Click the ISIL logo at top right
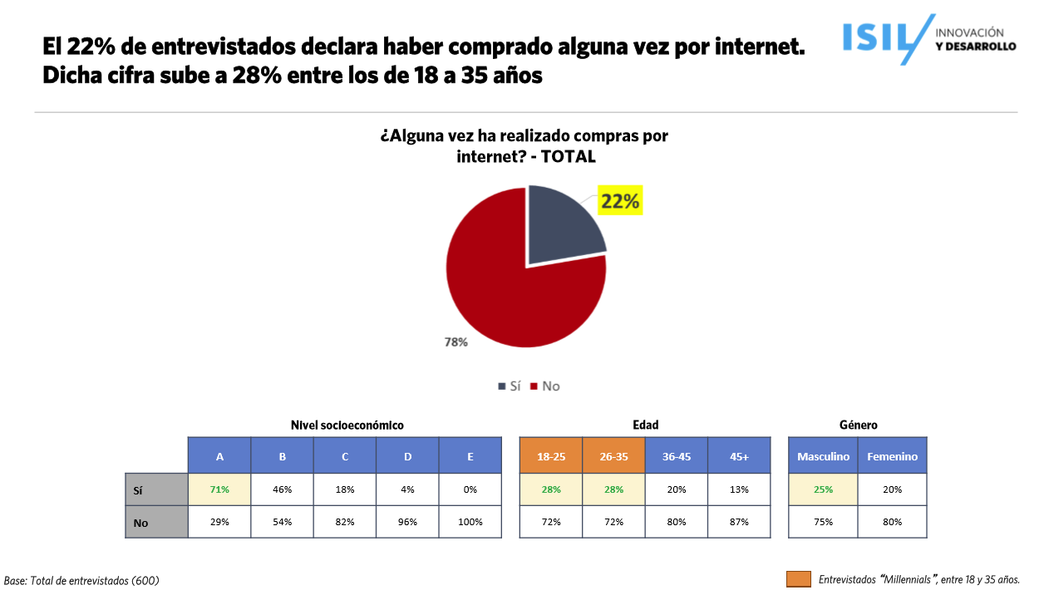(x=928, y=38)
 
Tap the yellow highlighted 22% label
(x=620, y=201)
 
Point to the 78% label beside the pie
(x=456, y=342)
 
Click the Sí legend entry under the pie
(x=509, y=386)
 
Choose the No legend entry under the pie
(x=545, y=386)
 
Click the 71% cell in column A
(x=219, y=489)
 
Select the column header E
(x=470, y=456)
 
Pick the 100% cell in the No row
(x=470, y=522)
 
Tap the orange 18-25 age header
(x=550, y=456)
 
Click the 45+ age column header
(x=739, y=456)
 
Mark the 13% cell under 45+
(x=739, y=489)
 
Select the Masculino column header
(x=823, y=456)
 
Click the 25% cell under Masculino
(x=823, y=489)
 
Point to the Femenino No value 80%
(x=892, y=522)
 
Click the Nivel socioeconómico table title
(x=347, y=425)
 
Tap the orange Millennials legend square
(x=798, y=579)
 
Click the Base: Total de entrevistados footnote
(x=81, y=580)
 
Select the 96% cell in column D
(x=407, y=522)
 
